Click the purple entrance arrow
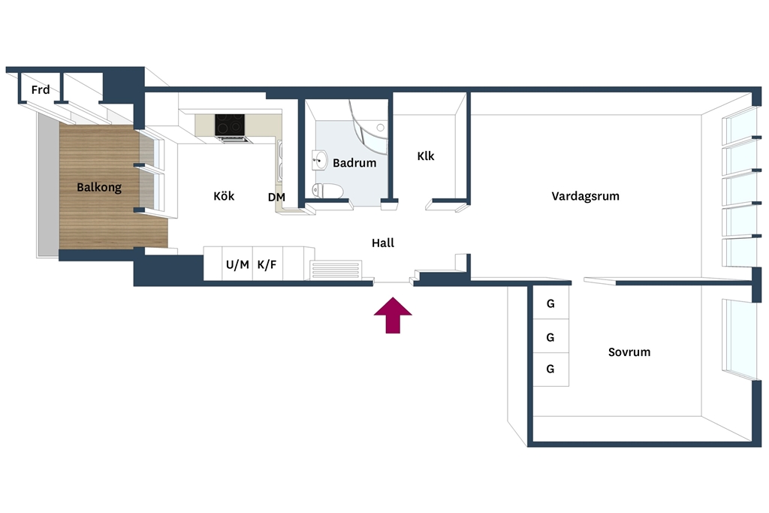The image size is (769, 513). [x=393, y=315]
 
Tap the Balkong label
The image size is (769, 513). [x=99, y=187]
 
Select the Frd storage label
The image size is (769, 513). [x=41, y=89]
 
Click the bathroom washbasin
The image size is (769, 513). [x=320, y=160]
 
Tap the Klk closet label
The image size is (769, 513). [x=426, y=156]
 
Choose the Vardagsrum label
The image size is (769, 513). [x=585, y=196]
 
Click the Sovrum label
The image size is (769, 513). [x=629, y=352]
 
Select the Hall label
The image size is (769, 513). [x=383, y=243]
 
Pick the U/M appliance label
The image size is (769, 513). [x=237, y=265]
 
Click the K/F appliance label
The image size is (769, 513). [x=267, y=265]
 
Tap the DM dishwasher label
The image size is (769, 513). [x=276, y=197]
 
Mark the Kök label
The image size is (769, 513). [x=224, y=196]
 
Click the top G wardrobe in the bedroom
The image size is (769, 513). [x=550, y=303]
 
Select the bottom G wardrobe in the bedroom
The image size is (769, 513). [x=550, y=370]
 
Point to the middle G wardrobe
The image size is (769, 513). [x=550, y=336]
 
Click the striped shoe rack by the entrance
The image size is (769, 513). [x=336, y=270]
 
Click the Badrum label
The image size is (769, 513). [x=354, y=163]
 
